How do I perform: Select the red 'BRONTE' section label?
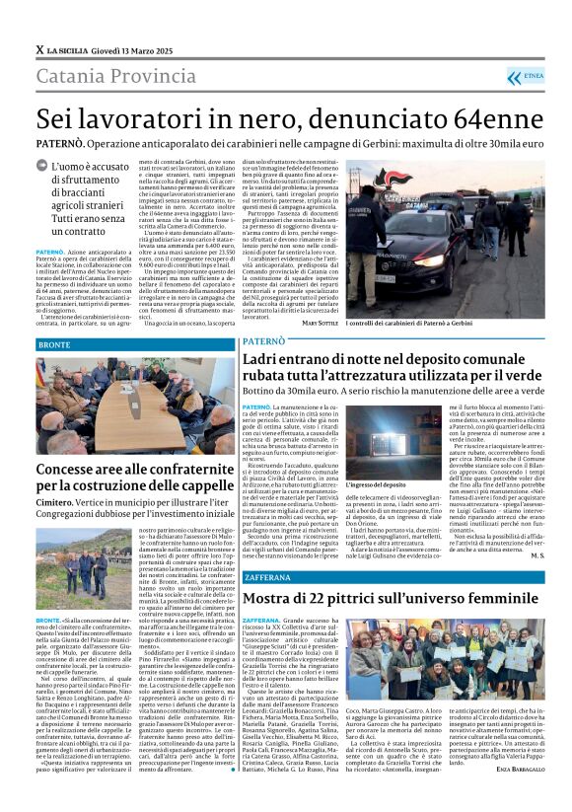click(x=54, y=344)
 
